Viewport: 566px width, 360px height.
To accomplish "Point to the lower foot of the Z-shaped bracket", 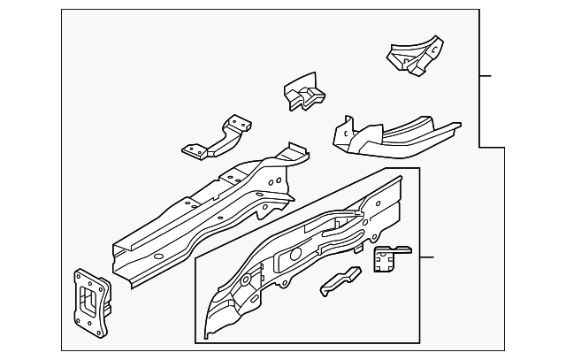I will coord(194,150).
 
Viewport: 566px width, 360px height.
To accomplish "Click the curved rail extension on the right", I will coord(398,134).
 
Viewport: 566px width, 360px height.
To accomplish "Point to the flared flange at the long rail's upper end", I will coord(292,155).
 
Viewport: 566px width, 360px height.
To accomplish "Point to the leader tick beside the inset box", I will coord(426,257).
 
